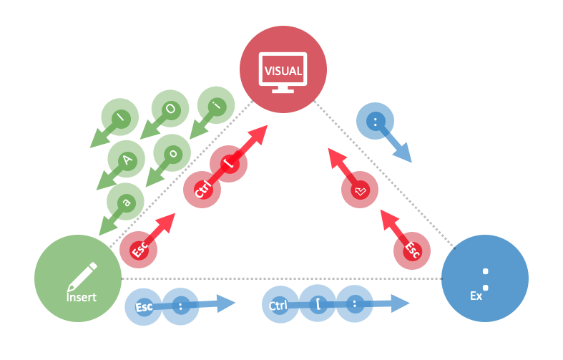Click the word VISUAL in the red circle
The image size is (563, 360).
pos(283,71)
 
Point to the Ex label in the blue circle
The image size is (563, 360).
pos(476,295)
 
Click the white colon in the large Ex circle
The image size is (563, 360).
pos(486,279)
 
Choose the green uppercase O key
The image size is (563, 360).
pos(170,108)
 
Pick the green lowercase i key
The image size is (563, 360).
pos(215,105)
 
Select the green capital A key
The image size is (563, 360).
pos(127,160)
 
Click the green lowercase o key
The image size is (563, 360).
pos(172,152)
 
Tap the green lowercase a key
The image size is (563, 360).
pos(126,202)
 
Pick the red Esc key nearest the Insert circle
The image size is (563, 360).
pos(138,250)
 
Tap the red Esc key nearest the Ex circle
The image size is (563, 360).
pos(411,250)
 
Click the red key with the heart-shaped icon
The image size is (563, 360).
pos(361,190)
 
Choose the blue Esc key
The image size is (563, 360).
pos(144,307)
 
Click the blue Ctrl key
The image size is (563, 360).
pos(280,306)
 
